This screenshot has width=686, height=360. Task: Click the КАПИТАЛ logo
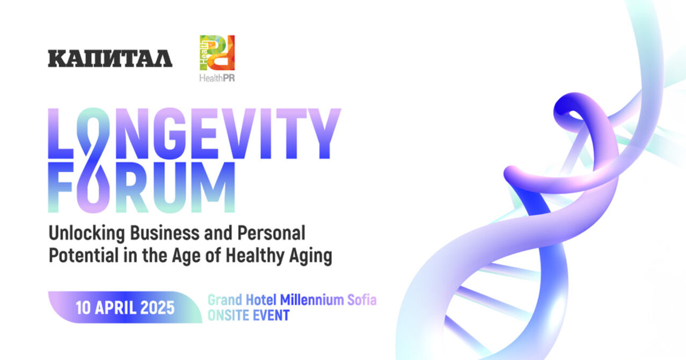pos(110,58)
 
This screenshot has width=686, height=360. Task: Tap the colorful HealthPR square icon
pos(217,53)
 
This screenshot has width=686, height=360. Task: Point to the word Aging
pos(311,256)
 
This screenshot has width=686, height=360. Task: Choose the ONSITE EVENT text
pos(248,315)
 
